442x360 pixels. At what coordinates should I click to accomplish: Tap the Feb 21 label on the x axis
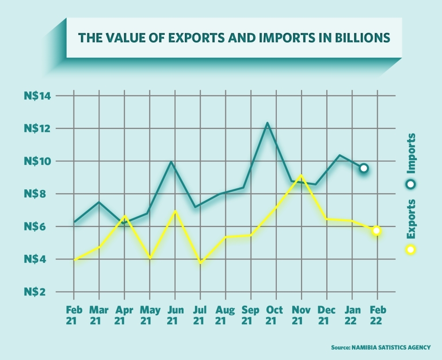73,315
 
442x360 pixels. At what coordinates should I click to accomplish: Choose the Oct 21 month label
275,315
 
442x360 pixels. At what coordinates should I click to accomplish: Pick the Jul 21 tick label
200,315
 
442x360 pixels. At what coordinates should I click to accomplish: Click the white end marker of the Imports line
364,168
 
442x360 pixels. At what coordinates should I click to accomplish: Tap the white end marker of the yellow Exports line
377,231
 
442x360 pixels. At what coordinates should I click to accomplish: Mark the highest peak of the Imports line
267,123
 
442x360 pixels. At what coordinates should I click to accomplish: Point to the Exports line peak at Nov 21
301,176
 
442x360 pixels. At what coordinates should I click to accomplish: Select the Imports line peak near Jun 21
171,162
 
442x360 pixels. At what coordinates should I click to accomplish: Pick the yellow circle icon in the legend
411,250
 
